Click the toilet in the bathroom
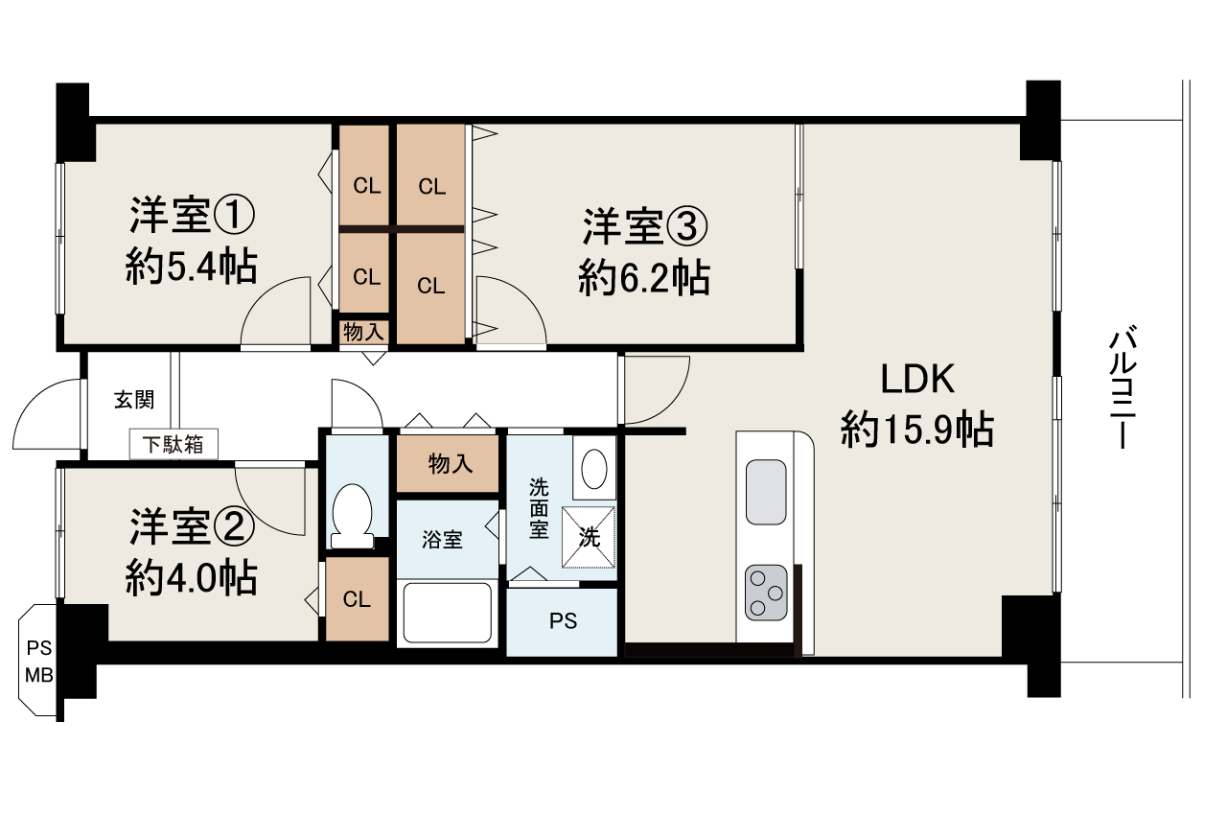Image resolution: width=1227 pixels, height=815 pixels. pyautogui.click(x=350, y=515)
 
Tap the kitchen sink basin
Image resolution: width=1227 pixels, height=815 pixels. pyautogui.click(x=765, y=492)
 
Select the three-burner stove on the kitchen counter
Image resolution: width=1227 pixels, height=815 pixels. pyautogui.click(x=766, y=592)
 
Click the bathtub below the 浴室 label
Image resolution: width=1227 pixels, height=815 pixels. pyautogui.click(x=447, y=612)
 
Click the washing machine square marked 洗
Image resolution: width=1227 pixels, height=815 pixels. pyautogui.click(x=588, y=536)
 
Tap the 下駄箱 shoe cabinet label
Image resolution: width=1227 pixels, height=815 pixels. pyautogui.click(x=174, y=444)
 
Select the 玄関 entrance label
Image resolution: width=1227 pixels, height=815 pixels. pyautogui.click(x=134, y=400)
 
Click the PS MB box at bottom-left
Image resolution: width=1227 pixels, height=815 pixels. pyautogui.click(x=39, y=660)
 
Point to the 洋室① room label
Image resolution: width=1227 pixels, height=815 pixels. pyautogui.click(x=193, y=216)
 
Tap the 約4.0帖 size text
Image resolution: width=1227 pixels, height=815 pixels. pyautogui.click(x=191, y=577)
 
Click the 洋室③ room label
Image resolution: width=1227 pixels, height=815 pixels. pyautogui.click(x=645, y=227)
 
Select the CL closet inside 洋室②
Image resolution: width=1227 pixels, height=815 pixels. pyautogui.click(x=357, y=600)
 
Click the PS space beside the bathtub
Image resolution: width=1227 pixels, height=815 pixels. pyautogui.click(x=563, y=620)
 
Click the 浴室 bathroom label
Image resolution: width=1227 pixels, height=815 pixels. pyautogui.click(x=443, y=540)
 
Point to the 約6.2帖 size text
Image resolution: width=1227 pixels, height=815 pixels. pyautogui.click(x=644, y=278)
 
